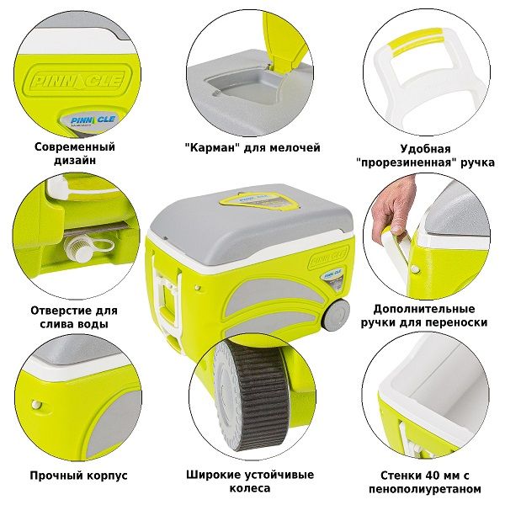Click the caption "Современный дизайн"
click(x=74, y=152)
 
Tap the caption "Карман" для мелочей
click(x=252, y=147)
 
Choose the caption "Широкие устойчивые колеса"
click(x=252, y=481)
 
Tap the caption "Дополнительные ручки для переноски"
click(x=429, y=315)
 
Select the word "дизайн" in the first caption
click(x=76, y=159)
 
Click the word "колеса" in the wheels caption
click(x=252, y=487)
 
